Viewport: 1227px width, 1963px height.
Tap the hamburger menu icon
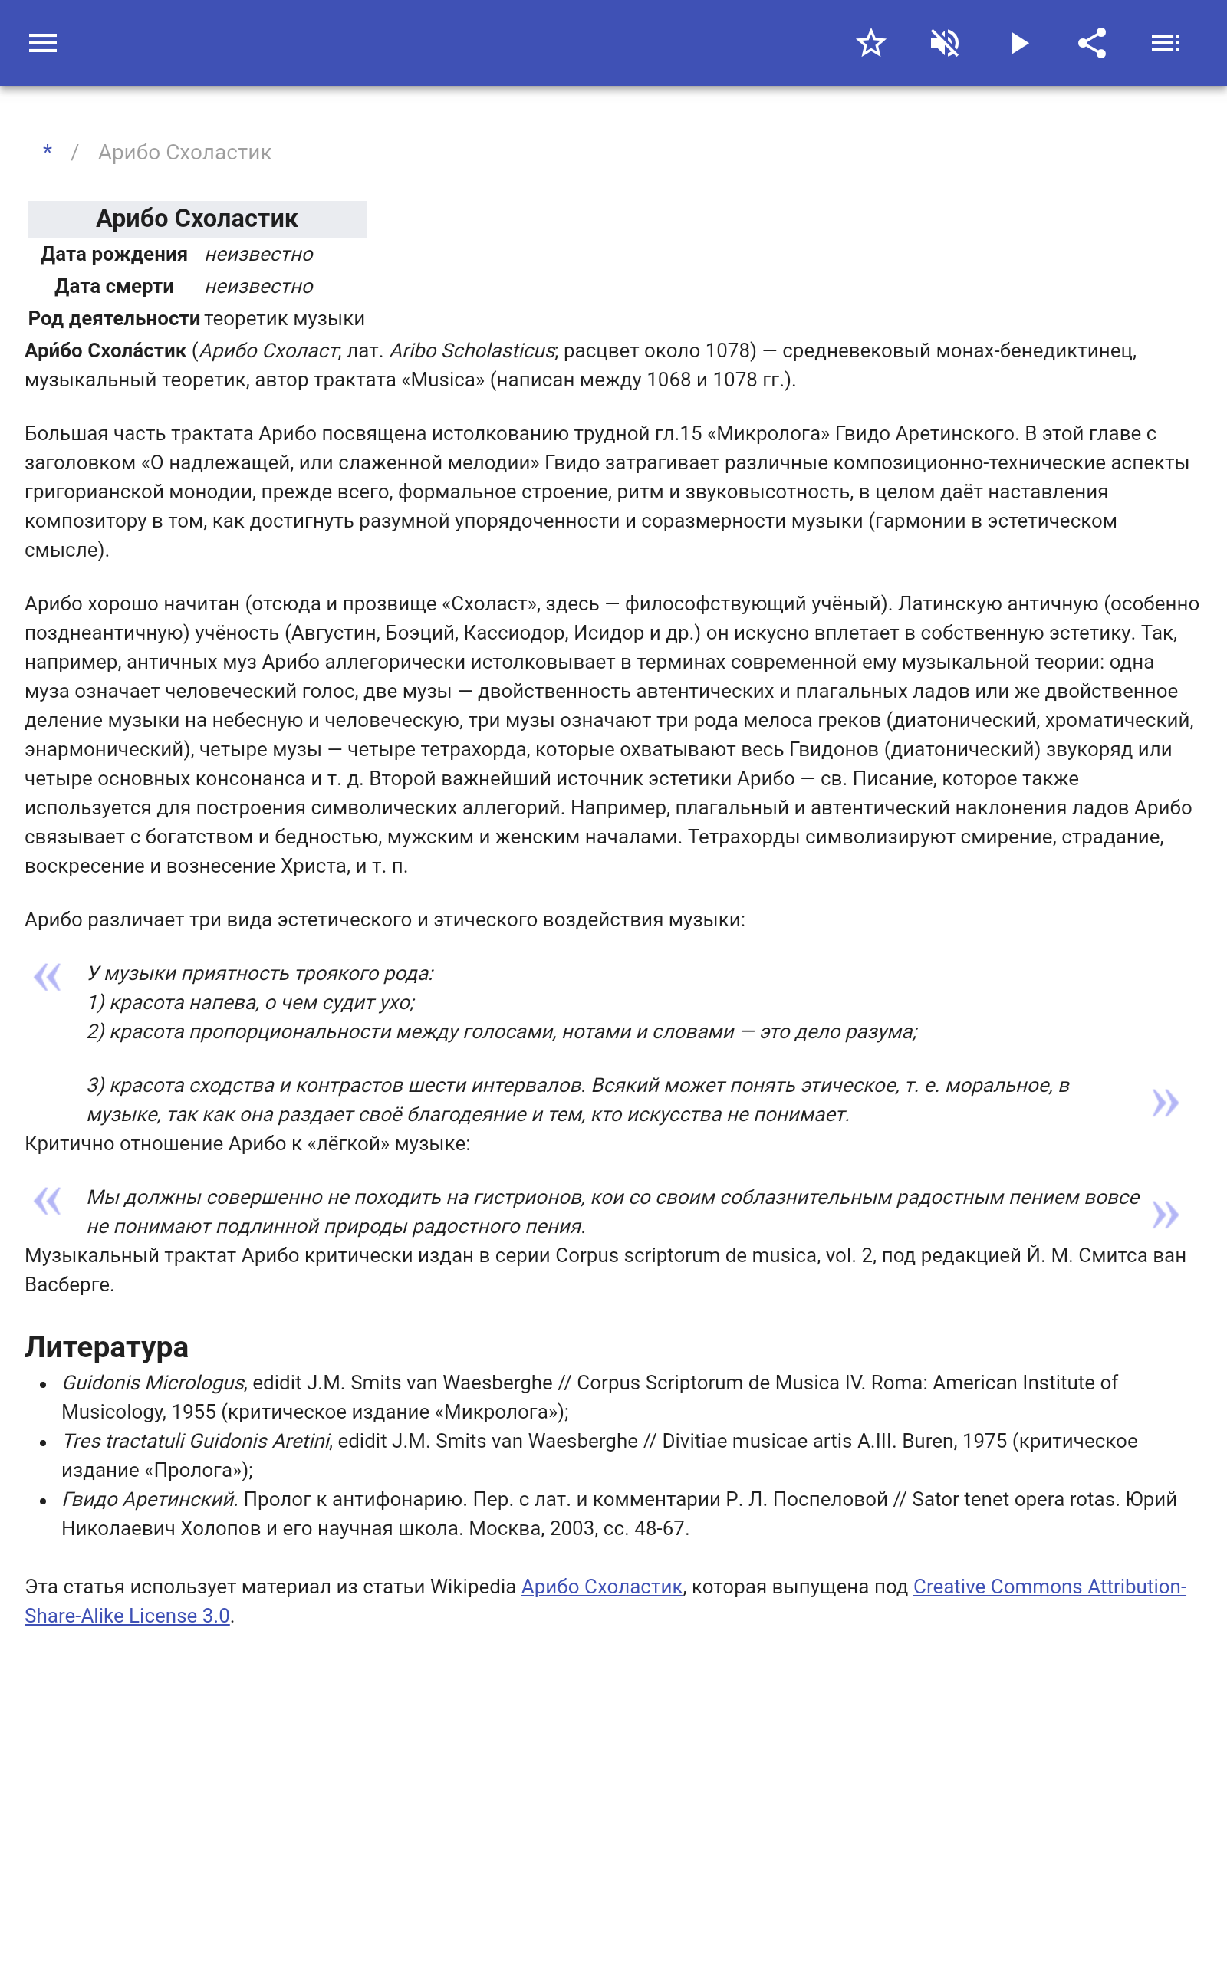tap(43, 43)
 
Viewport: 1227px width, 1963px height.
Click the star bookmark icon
tap(870, 43)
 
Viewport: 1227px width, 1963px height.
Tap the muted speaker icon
tap(945, 43)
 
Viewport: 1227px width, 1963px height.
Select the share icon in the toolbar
tap(1092, 43)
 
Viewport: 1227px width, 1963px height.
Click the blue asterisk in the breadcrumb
tap(48, 152)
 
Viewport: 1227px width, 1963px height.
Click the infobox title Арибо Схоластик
tap(196, 219)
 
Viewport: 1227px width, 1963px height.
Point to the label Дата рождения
tap(113, 255)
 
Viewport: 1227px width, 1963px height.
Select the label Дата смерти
tap(113, 286)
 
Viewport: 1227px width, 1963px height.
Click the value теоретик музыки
tap(284, 319)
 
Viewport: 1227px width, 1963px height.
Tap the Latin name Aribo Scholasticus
tap(472, 350)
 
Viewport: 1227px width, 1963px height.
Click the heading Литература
tap(107, 1346)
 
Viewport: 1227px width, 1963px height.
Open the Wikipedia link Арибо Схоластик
tap(601, 1587)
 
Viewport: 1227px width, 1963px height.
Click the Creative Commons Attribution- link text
tap(1049, 1587)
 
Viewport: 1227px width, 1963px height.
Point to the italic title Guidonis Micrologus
tap(153, 1383)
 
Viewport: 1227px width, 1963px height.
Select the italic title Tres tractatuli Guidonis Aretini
tap(196, 1441)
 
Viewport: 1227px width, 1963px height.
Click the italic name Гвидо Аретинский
tap(149, 1499)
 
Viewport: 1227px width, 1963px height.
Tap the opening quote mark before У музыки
tap(47, 977)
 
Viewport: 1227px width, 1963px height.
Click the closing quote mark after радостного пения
tap(1166, 1215)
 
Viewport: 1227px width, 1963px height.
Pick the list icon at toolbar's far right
tap(1166, 43)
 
